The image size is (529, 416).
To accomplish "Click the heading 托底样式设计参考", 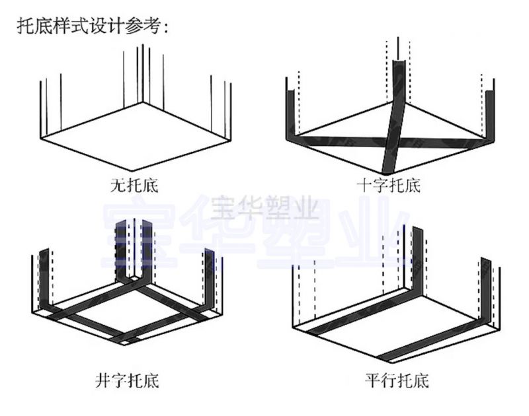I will [x=93, y=26].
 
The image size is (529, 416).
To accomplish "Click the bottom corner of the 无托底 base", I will [x=133, y=171].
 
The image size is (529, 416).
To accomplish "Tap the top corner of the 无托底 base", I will [x=141, y=102].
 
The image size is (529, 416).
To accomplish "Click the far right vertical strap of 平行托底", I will [x=486, y=291].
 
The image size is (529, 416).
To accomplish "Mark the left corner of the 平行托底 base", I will [x=293, y=326].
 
